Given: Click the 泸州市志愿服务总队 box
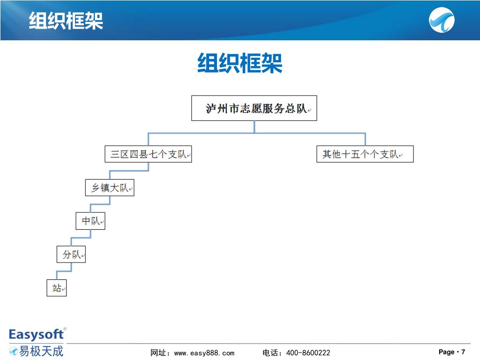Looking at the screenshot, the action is [254, 108].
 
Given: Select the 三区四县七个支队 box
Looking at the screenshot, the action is [148, 154].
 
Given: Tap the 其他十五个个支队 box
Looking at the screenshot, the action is [365, 154].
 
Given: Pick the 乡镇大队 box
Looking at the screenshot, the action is [110, 187].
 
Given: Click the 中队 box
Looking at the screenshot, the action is [90, 221].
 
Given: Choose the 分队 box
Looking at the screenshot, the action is [71, 255].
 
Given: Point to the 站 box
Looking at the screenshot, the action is [57, 288].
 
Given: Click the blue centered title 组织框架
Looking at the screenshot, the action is [240, 63].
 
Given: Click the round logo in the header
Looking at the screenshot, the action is [442, 21].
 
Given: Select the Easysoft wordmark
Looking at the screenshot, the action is [36, 334].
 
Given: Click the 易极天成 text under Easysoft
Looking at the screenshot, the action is [40, 350].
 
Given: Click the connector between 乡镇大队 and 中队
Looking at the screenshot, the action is [100, 204].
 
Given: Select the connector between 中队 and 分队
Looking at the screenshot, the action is [81, 238].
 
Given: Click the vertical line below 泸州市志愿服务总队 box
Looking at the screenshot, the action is [255, 127].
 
